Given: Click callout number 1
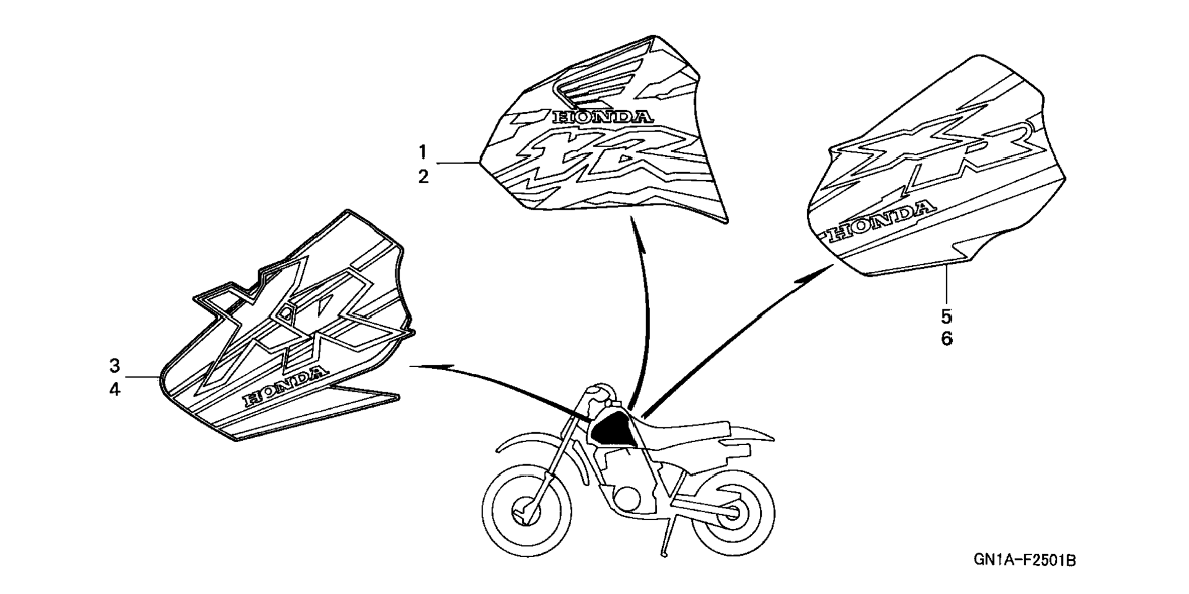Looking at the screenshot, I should pos(423,151).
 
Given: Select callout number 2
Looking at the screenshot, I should pos(423,177).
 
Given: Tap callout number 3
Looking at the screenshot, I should pos(115,366).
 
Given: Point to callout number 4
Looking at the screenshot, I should pos(115,389).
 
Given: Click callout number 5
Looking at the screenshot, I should pos(946,317).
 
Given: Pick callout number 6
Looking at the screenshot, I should pos(946,339).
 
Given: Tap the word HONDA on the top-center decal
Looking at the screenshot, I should pos(602,117).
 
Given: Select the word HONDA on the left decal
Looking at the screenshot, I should pos(284,386).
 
